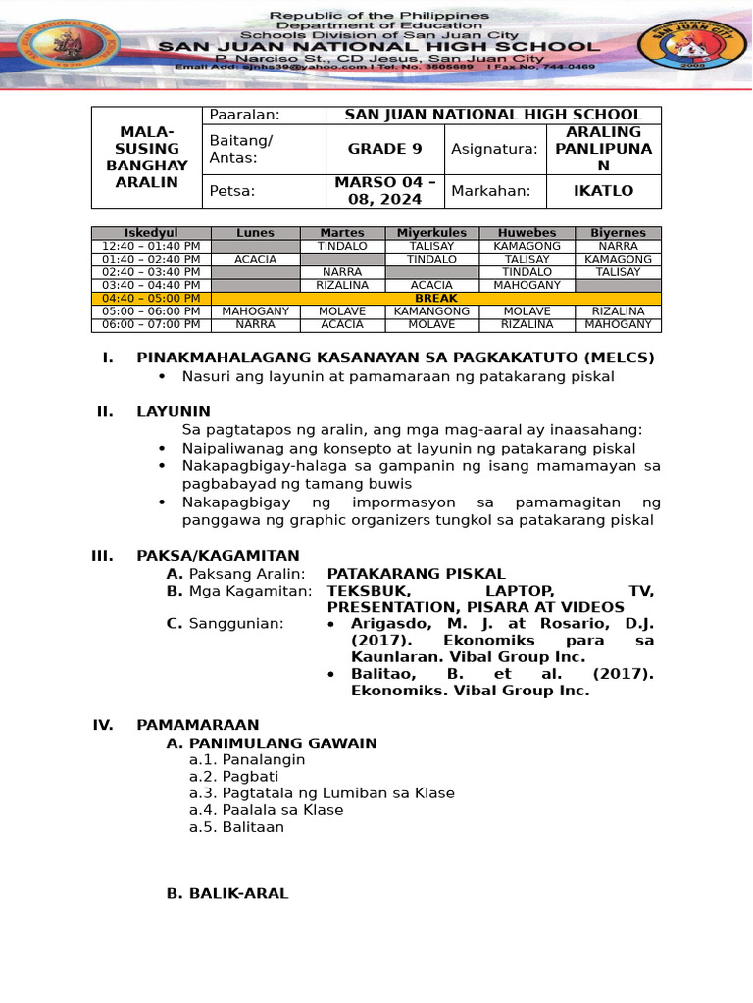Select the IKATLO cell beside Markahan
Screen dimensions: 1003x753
click(603, 191)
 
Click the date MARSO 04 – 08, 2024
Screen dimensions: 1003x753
click(384, 191)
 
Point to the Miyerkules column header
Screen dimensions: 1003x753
click(431, 233)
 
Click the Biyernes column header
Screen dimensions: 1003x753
click(618, 233)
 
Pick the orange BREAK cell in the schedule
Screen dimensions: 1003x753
click(436, 299)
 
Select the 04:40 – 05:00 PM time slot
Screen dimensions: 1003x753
click(151, 299)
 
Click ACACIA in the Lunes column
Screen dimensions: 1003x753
click(256, 260)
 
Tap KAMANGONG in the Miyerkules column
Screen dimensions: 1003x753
click(431, 311)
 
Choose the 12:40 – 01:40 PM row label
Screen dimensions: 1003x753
click(151, 247)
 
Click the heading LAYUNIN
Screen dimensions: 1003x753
click(173, 412)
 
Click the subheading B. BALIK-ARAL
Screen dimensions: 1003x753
click(227, 893)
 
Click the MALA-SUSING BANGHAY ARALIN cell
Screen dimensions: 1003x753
click(146, 157)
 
